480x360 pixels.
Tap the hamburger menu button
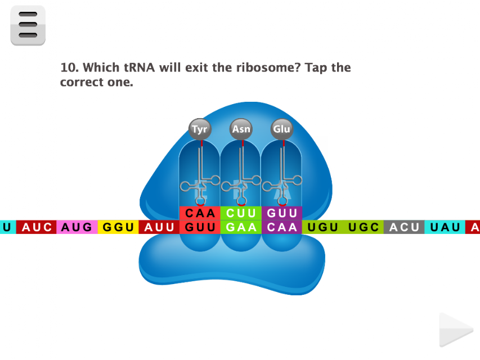point(28,25)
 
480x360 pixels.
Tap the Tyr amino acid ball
point(200,129)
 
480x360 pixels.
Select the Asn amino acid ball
point(241,129)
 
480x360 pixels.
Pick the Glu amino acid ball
point(282,129)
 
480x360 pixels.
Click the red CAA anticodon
point(200,213)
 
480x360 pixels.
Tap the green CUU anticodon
point(241,213)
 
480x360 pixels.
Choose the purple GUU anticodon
point(282,213)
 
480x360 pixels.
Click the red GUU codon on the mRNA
point(200,227)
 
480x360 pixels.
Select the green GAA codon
point(241,227)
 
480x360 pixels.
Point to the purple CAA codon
point(282,227)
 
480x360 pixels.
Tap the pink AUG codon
point(77,227)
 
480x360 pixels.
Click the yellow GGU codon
point(118,227)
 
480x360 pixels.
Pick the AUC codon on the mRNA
point(36,227)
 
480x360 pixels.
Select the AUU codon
point(159,227)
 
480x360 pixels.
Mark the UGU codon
point(322,227)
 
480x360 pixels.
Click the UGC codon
point(364,227)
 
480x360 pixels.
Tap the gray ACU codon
point(404,227)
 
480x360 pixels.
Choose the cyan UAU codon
point(445,227)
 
